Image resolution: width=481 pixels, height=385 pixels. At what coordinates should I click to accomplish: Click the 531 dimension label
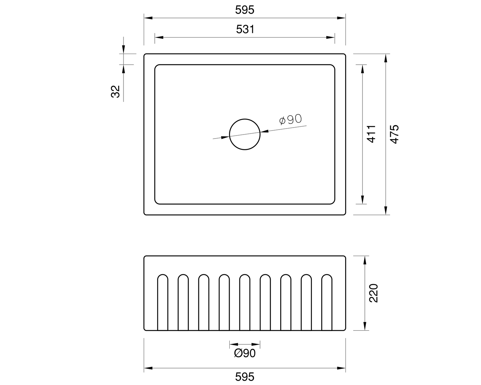click(x=245, y=29)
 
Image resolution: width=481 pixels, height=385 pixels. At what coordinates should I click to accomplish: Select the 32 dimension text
click(x=115, y=91)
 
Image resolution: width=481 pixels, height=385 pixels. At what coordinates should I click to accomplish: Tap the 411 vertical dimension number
click(x=371, y=134)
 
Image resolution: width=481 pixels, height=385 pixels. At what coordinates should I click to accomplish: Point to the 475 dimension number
click(x=394, y=134)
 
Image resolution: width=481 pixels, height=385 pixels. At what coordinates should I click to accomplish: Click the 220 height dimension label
click(x=373, y=293)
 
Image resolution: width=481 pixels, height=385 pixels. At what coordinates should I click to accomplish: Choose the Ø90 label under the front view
click(x=245, y=353)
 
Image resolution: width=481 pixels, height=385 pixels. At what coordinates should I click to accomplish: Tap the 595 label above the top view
click(x=245, y=10)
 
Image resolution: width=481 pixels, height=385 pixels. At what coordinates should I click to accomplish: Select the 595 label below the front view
click(x=245, y=377)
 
